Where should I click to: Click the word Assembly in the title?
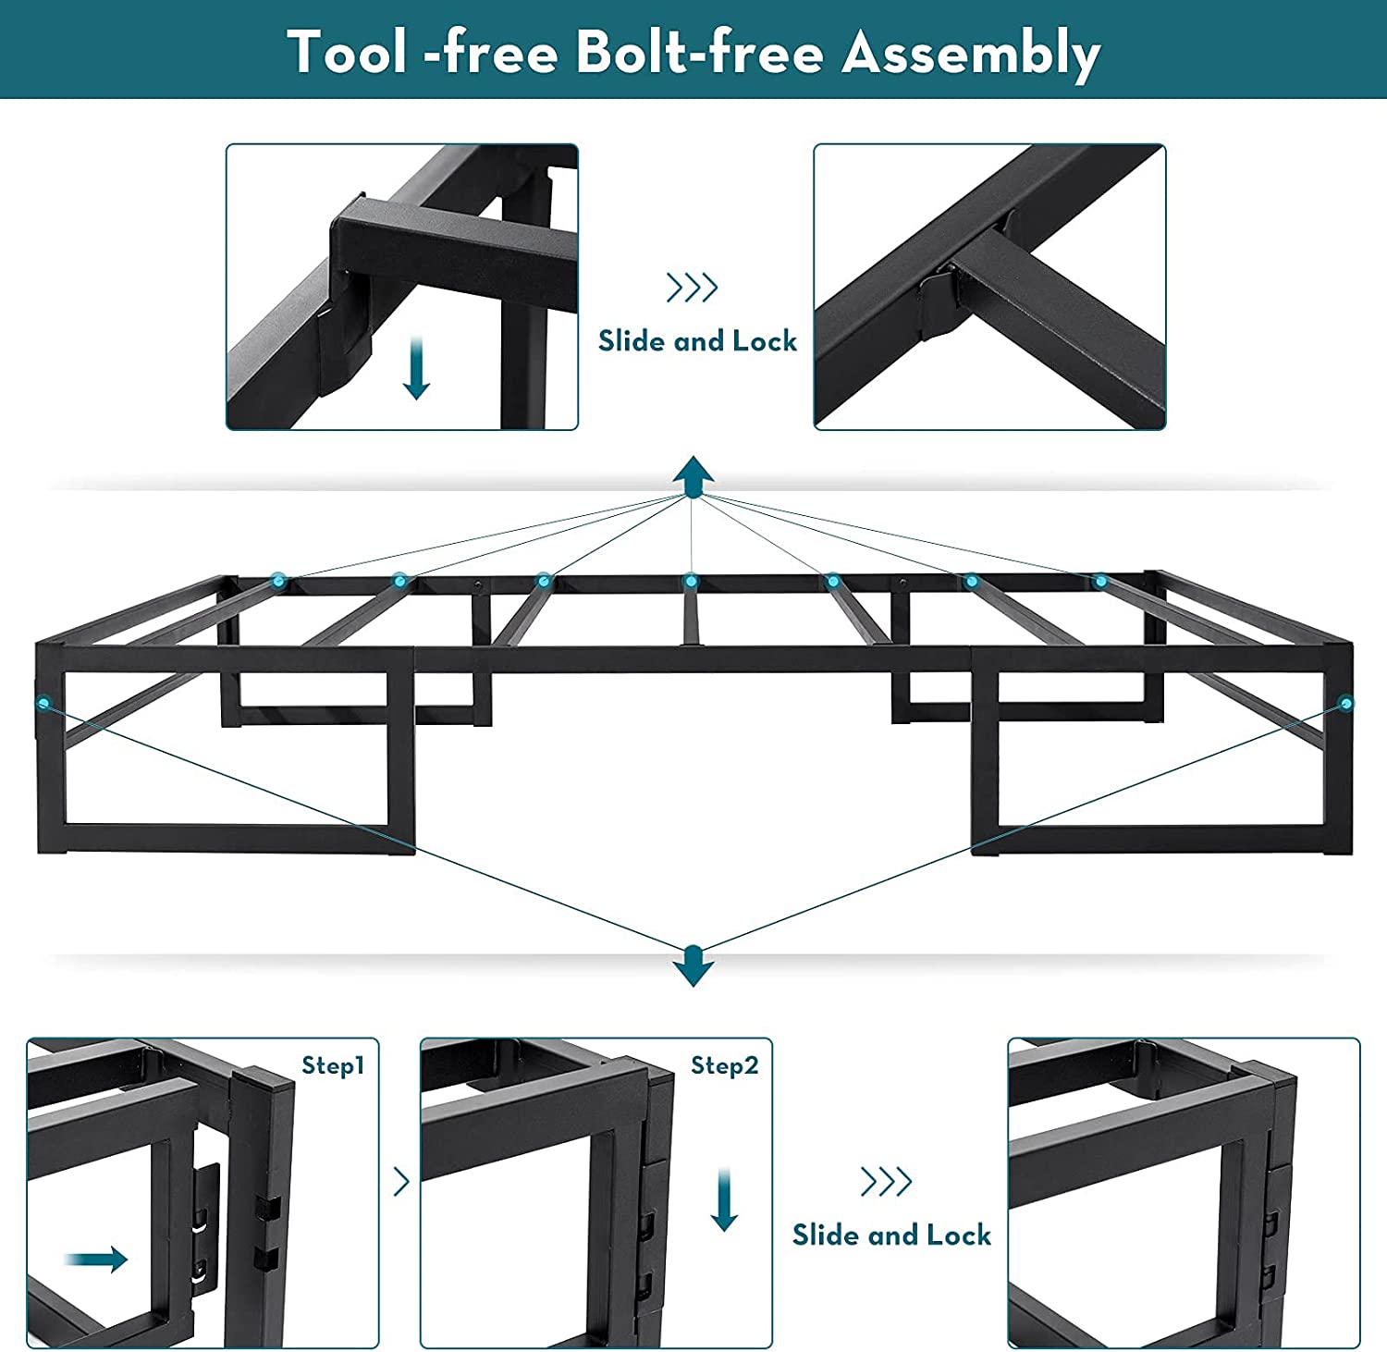pyautogui.click(x=971, y=53)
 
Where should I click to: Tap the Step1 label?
pyautogui.click(x=333, y=1066)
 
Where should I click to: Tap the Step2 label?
pyautogui.click(x=724, y=1066)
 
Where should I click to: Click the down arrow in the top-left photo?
pyautogui.click(x=417, y=368)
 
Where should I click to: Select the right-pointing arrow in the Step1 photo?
pyautogui.click(x=96, y=1259)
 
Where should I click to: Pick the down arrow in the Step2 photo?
pyautogui.click(x=724, y=1200)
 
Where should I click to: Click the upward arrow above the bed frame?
pyautogui.click(x=693, y=476)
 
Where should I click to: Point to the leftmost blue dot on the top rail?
pyautogui.click(x=278, y=581)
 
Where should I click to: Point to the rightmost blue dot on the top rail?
pyautogui.click(x=1100, y=581)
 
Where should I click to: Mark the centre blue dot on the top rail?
pyautogui.click(x=690, y=581)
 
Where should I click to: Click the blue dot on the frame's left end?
pyautogui.click(x=43, y=703)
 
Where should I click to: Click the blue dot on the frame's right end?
pyautogui.click(x=1345, y=703)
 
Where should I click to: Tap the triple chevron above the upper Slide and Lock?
pyautogui.click(x=693, y=288)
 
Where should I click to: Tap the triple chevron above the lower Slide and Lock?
pyautogui.click(x=887, y=1181)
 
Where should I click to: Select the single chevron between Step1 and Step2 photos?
pyautogui.click(x=401, y=1181)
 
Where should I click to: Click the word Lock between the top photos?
pyautogui.click(x=765, y=341)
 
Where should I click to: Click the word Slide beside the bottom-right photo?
pyautogui.click(x=827, y=1235)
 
